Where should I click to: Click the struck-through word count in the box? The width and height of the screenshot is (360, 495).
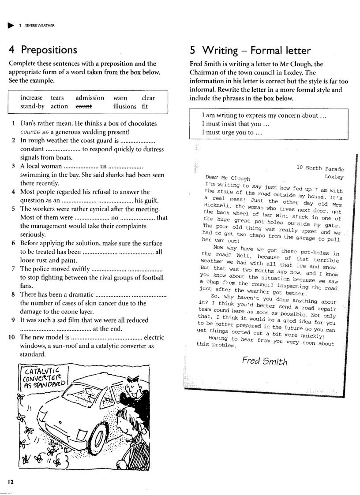pos(84,106)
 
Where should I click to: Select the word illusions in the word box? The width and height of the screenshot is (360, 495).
pos(125,106)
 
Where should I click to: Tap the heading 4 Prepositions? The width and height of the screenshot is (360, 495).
pos(43,50)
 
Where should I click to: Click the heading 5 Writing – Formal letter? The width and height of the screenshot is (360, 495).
pos(250,50)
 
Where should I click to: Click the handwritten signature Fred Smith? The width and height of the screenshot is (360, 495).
pos(265,361)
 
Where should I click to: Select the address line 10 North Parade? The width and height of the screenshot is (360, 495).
pos(320,168)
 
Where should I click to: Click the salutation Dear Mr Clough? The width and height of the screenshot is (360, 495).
pos(228,178)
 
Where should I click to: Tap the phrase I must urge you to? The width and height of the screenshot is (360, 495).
pos(232,132)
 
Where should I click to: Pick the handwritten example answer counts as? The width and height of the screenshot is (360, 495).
pos(34,132)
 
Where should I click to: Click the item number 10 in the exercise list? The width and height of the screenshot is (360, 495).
pos(12,337)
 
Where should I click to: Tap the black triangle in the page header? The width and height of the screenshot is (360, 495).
pos(11,25)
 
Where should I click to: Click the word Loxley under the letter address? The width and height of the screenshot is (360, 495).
pos(334,177)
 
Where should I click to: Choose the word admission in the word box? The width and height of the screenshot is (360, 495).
pos(90,98)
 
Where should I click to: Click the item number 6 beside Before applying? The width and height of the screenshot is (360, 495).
pos(14,243)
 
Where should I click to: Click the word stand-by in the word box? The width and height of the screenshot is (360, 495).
pos(32,106)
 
